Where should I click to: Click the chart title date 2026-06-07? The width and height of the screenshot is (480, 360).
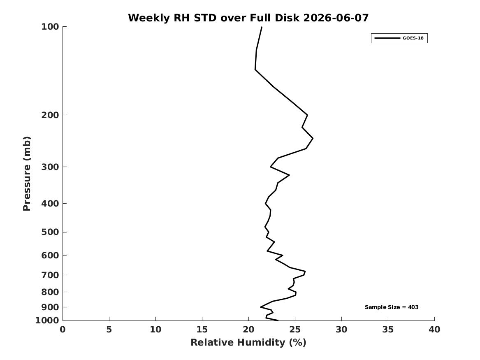coord(336,18)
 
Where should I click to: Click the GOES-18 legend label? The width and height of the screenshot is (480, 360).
coord(413,38)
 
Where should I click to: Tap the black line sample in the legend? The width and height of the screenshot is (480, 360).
coord(387,38)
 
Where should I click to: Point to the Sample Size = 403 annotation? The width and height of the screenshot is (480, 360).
coord(392,307)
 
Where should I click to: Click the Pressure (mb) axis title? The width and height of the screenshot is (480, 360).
coord(27,174)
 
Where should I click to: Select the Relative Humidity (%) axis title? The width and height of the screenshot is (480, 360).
coord(248,342)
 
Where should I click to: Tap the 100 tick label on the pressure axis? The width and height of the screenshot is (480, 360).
coord(50,27)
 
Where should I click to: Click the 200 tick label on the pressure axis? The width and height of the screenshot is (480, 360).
coord(50,115)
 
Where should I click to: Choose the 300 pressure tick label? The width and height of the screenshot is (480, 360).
coord(50,167)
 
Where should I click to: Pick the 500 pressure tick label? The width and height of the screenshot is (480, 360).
coord(50,232)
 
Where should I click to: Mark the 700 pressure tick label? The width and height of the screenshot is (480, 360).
coord(50,275)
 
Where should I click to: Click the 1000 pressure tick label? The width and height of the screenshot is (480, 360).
coord(47,321)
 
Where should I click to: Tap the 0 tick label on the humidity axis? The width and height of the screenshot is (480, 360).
coord(63,330)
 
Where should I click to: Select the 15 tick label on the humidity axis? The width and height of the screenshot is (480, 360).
coord(202,330)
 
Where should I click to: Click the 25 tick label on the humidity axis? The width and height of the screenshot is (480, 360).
coord(295,330)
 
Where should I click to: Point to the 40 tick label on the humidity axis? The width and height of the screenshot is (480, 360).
coord(434,330)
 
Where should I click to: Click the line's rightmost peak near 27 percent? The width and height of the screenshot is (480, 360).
coord(313,138)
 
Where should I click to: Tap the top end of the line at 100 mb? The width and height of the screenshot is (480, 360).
coord(262,27)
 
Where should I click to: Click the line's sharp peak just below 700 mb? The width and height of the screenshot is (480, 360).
coord(305,272)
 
